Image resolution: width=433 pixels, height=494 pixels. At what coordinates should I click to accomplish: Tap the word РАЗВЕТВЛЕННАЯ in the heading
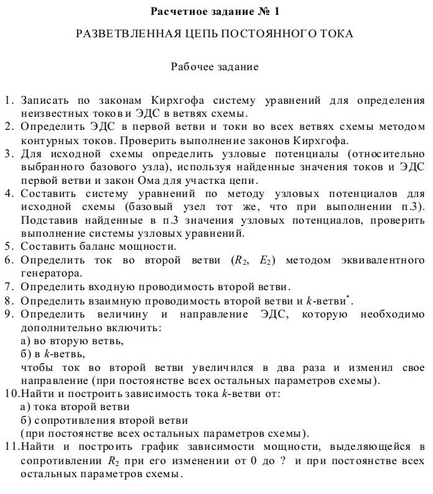[x=126, y=34]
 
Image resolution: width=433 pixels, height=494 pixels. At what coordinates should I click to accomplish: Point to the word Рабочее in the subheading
[x=190, y=66]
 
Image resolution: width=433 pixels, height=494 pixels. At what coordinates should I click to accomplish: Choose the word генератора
[x=49, y=273]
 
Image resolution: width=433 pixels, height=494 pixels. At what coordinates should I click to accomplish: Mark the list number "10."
[x=11, y=394]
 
